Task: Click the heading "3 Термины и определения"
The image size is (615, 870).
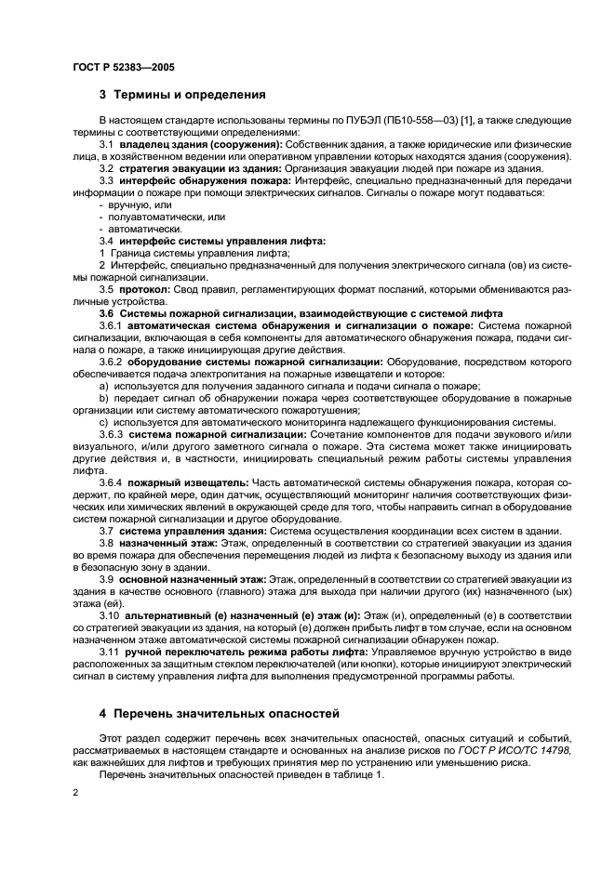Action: point(182,95)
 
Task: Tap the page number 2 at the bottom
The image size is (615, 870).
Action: point(75,791)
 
